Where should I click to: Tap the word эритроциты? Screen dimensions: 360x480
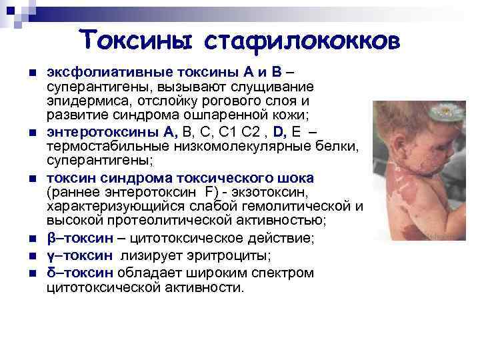tap(221, 256)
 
